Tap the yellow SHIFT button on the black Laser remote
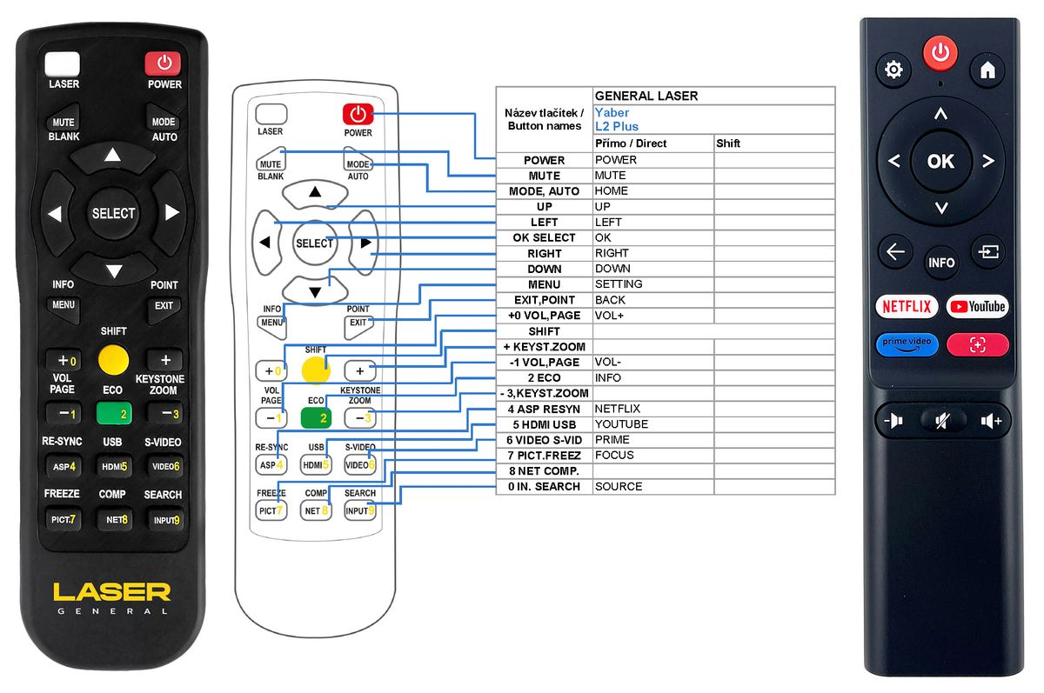[x=113, y=359]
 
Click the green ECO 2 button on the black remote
[x=114, y=413]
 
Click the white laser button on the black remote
[x=63, y=64]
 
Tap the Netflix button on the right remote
[x=907, y=306]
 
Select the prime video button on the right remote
[x=907, y=343]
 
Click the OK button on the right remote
[x=940, y=161]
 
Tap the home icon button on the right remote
[x=987, y=70]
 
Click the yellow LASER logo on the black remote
[x=111, y=592]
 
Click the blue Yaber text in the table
[x=612, y=112]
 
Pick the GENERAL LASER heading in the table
[x=646, y=96]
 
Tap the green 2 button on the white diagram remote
[x=316, y=417]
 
